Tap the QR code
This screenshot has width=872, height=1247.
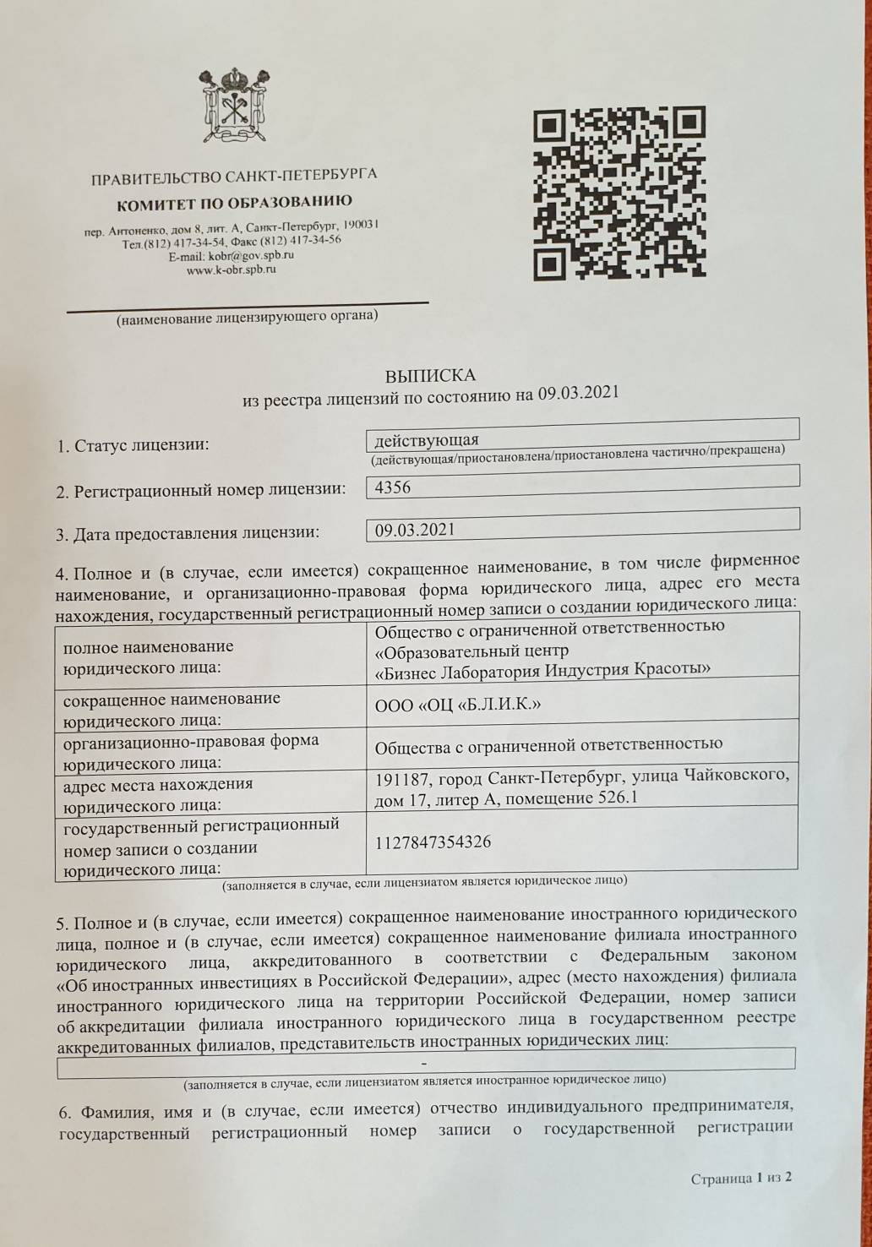click(x=619, y=193)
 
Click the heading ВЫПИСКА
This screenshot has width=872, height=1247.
click(x=430, y=375)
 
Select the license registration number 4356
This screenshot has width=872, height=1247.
click(x=393, y=487)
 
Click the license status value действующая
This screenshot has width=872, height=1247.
click(x=427, y=440)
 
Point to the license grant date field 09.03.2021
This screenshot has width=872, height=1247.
click(x=415, y=530)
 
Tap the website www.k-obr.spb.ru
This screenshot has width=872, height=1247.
click(x=231, y=270)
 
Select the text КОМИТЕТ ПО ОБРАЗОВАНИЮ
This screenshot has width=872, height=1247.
click(x=234, y=203)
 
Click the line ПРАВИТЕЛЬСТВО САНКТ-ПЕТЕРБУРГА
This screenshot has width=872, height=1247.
click(x=234, y=177)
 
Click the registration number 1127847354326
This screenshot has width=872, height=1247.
click(x=433, y=841)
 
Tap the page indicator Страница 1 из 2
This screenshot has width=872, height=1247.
click(x=741, y=1178)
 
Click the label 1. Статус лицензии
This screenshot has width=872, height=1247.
click(x=133, y=445)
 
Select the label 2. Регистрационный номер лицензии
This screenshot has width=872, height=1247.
click(x=201, y=490)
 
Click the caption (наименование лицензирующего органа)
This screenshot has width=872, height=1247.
click(x=248, y=318)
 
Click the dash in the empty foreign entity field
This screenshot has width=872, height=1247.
click(x=423, y=1062)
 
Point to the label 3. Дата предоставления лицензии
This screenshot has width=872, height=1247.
click(x=188, y=534)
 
